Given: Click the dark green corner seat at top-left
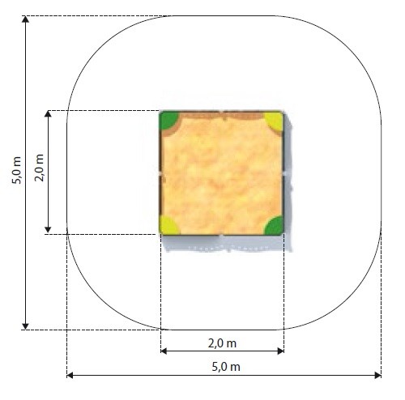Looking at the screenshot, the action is [x=168, y=120].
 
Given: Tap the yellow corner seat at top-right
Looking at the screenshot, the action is [x=275, y=121].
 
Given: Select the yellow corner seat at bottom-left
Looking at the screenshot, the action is [x=168, y=226].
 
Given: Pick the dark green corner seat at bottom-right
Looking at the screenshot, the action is [x=275, y=226].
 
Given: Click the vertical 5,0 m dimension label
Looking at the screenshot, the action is [x=16, y=170].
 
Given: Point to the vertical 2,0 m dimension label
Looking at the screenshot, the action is [x=40, y=168].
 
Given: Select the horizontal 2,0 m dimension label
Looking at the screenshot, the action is [x=222, y=343].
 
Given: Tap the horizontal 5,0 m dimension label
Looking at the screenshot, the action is [x=226, y=367].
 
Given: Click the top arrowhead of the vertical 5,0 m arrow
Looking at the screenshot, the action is [x=25, y=19].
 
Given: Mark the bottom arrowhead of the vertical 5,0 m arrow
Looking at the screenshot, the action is [x=25, y=326].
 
